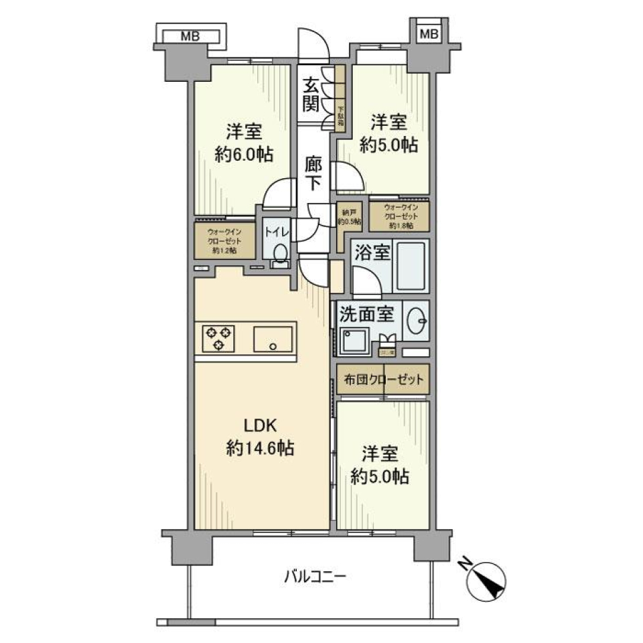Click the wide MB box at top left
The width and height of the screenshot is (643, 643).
190,36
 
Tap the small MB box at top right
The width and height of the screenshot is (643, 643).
429,33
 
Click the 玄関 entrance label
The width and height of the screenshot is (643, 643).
310,94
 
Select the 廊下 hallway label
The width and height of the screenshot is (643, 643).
312,173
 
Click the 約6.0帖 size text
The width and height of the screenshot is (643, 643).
244,155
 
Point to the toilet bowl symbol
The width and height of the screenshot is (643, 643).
280,253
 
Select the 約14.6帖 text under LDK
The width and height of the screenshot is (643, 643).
260,448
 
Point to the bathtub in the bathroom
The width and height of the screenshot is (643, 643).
410,266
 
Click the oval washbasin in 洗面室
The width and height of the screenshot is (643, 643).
417,321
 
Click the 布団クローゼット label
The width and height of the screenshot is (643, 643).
382,380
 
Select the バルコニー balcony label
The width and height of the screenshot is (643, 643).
315,575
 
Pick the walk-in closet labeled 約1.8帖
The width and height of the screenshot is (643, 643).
399,216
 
